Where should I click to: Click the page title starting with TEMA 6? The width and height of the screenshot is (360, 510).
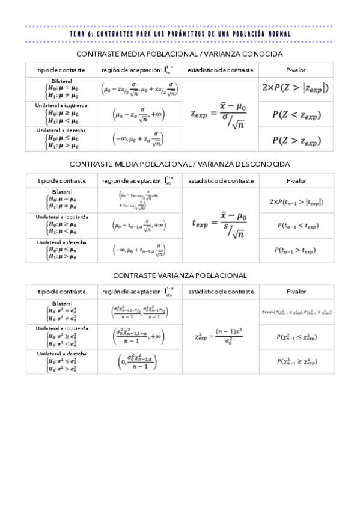(x=180, y=34)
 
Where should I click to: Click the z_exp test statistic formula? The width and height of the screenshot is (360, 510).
(x=219, y=113)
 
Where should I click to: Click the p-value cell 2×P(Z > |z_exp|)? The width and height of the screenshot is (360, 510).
(x=296, y=88)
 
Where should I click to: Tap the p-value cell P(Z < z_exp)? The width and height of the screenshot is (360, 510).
(x=296, y=113)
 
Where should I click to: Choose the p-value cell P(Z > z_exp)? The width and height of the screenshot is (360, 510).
(x=296, y=140)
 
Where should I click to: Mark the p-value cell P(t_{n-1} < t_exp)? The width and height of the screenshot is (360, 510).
(x=296, y=225)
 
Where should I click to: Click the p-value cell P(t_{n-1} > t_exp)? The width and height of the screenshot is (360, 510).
(x=296, y=250)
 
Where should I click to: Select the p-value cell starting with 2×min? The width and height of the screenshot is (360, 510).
(x=297, y=312)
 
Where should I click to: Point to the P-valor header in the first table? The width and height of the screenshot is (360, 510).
(x=296, y=70)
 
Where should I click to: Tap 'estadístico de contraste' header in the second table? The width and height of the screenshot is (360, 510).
(x=221, y=180)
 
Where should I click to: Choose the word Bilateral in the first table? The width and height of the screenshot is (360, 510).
(x=61, y=81)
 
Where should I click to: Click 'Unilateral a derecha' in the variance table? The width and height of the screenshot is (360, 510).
(x=61, y=354)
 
